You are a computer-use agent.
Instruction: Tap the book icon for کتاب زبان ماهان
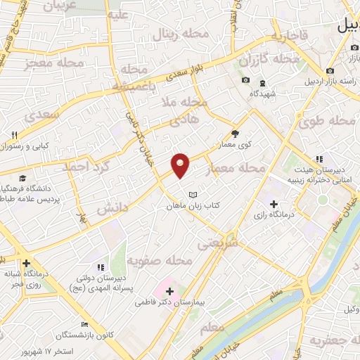point(193,194)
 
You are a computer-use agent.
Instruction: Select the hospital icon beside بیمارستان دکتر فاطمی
point(170,290)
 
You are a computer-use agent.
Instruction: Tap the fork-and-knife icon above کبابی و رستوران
point(14,134)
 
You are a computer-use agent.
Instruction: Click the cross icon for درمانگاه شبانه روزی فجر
point(26,263)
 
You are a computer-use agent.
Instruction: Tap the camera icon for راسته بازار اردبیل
point(330,70)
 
